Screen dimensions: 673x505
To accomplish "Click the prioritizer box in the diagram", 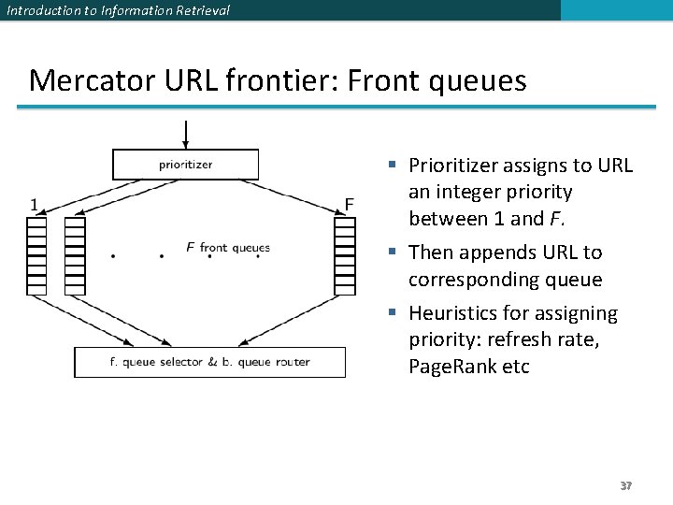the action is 185,165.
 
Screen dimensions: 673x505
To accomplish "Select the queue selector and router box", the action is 209,362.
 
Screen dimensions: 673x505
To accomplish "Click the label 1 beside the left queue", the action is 35,204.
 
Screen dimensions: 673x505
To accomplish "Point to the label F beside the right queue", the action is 349,204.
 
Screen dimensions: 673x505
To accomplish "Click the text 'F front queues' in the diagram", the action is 227,248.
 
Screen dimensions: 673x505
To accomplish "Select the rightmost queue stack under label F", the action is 345,255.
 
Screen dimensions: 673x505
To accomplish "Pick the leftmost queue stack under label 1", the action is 36,255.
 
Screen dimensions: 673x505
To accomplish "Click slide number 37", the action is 626,486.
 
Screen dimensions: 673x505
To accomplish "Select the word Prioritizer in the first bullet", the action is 453,166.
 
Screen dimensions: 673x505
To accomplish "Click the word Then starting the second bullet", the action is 431,252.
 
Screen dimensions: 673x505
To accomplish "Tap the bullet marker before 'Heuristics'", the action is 394,313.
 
